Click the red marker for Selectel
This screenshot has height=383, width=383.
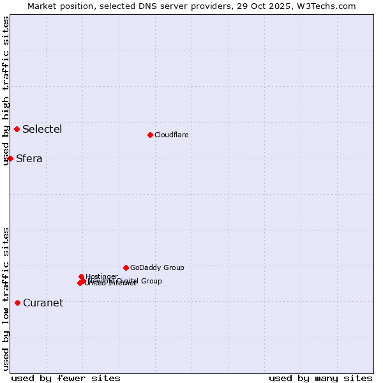[17, 130]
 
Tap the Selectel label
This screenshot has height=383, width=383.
[42, 130]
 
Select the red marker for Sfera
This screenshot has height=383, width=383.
[11, 158]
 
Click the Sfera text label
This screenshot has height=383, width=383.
[29, 159]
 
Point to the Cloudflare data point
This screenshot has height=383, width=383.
[150, 135]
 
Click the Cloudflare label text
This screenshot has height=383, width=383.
[171, 135]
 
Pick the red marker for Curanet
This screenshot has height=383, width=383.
[17, 303]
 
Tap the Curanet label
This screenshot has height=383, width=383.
[43, 303]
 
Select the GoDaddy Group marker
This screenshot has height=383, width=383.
[126, 267]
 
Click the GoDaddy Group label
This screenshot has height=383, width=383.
[157, 268]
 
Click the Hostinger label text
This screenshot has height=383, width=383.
[101, 276]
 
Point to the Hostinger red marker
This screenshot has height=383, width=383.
[82, 277]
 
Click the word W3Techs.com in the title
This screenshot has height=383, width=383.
[329, 6]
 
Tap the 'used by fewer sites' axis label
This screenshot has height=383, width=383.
[66, 378]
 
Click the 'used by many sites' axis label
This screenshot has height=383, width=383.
[320, 378]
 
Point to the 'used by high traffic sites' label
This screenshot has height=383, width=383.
[6, 91]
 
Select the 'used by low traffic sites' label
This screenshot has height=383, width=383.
[6, 299]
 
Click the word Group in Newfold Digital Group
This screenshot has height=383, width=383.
[151, 281]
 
